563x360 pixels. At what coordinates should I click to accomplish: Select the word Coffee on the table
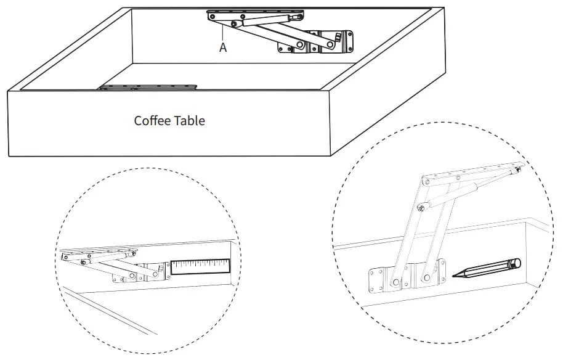point(153,120)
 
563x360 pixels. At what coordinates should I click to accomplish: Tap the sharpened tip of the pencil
point(454,277)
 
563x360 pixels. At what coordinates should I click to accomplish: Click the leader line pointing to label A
point(221,32)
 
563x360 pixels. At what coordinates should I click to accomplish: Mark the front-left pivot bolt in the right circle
point(392,284)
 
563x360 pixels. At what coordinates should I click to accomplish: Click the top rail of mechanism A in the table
point(256,14)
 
